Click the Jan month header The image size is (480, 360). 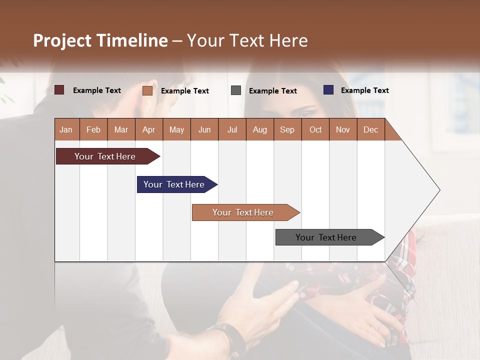point(66,129)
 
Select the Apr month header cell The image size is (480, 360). point(149,129)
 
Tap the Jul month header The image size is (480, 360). point(232,129)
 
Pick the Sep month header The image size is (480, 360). point(287,129)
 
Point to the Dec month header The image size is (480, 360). point(370,129)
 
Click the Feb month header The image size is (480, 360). point(93,129)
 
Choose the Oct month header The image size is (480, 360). point(315,129)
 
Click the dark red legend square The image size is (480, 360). point(59,90)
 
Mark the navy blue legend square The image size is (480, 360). point(328,90)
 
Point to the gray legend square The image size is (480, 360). point(236,90)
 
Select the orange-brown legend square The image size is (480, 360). point(147,90)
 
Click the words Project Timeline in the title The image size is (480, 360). point(100,40)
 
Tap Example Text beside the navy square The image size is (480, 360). point(364,90)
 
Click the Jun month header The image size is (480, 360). point(204,129)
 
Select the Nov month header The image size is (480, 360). point(343,129)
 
